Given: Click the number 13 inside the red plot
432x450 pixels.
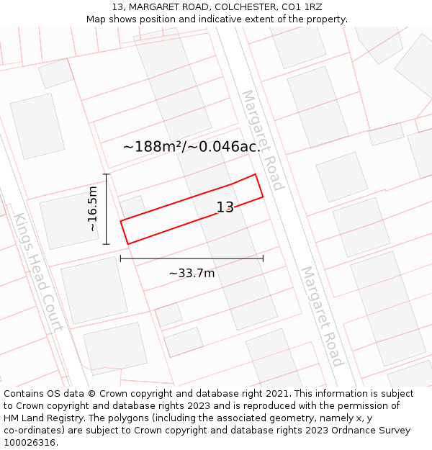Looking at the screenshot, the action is pyautogui.click(x=225, y=207).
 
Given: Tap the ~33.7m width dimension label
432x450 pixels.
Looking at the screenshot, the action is pyautogui.click(x=192, y=273).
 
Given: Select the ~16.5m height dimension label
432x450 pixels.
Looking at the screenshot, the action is pyautogui.click(x=92, y=209).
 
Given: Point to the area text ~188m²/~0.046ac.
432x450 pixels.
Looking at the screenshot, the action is pyautogui.click(x=192, y=147).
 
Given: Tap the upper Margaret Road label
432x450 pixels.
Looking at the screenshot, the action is pyautogui.click(x=262, y=140).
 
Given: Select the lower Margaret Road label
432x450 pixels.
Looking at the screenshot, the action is pyautogui.click(x=321, y=316).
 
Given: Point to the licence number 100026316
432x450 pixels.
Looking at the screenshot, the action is pyautogui.click(x=31, y=443).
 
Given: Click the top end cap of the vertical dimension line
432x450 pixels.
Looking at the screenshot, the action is pyautogui.click(x=106, y=174).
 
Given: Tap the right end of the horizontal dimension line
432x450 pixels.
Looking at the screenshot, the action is pyautogui.click(x=263, y=258).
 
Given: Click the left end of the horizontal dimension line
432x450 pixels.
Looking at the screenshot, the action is pyautogui.click(x=120, y=258).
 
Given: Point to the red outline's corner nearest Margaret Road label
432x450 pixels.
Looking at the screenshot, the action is pyautogui.click(x=256, y=174).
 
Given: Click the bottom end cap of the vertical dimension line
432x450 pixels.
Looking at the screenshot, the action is pyautogui.click(x=106, y=244).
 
